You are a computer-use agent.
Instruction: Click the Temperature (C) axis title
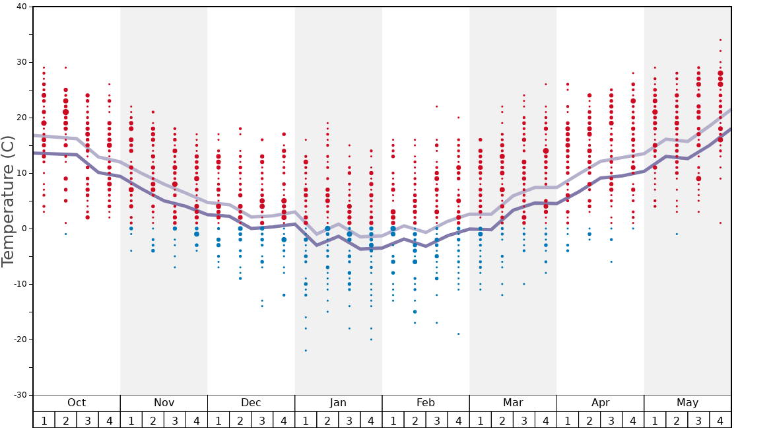point(8,201)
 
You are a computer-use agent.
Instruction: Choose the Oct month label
point(77,403)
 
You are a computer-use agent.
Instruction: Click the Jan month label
point(338,403)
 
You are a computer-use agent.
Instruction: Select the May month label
point(687,403)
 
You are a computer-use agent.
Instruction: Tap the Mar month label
point(513,403)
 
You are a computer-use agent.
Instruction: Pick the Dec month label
point(251,403)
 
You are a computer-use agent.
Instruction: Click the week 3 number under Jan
point(349,420)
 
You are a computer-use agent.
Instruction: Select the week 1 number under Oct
point(44,420)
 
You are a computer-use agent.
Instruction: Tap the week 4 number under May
point(720,420)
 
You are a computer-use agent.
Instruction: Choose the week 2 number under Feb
point(415,420)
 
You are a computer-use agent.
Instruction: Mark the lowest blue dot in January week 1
point(306,351)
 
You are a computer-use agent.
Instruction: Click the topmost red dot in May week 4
point(720,40)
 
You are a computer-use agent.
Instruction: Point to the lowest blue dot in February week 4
point(458,334)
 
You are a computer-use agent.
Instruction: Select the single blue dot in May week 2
point(677,234)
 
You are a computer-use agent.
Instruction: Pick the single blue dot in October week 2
point(65,234)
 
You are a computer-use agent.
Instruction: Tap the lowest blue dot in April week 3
point(611,262)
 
